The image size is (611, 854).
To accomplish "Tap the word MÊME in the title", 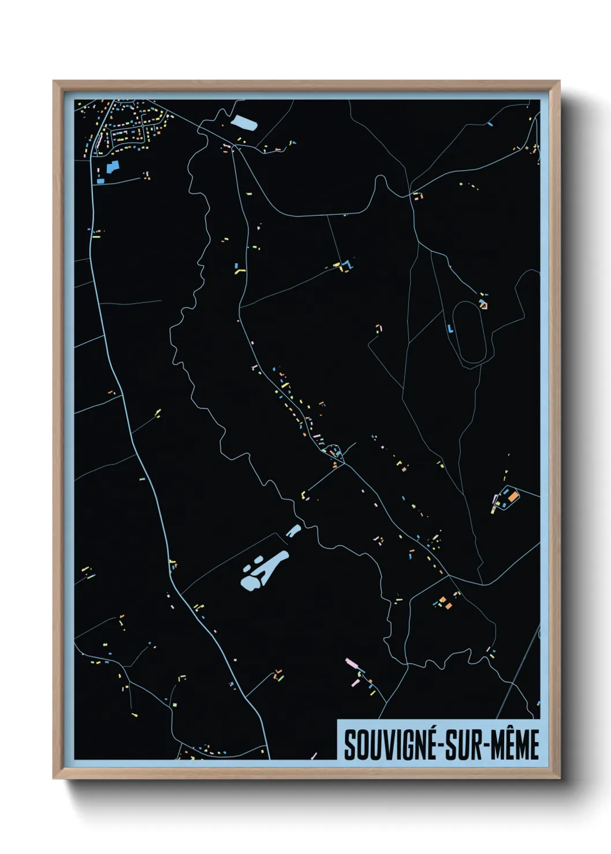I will tap(517, 744).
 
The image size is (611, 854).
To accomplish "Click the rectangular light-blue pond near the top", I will tap(243, 123).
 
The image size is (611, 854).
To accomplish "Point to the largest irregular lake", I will tap(263, 571).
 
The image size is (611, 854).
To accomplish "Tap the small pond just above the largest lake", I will tap(293, 530).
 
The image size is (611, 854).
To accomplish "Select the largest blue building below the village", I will tap(112, 167).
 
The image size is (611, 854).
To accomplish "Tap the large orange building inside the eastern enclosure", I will tap(512, 496).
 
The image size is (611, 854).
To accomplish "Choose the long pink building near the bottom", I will tap(352, 664).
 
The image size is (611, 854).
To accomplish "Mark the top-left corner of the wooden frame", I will tap(54, 81).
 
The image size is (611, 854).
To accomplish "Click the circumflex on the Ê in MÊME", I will tap(517, 728).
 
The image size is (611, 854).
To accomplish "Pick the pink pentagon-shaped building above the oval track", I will tap(483, 304).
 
